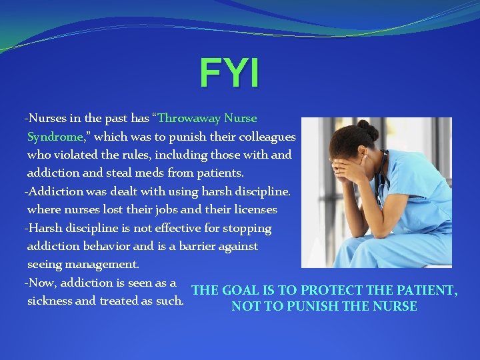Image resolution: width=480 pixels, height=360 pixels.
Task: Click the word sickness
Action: (x=50, y=301)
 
